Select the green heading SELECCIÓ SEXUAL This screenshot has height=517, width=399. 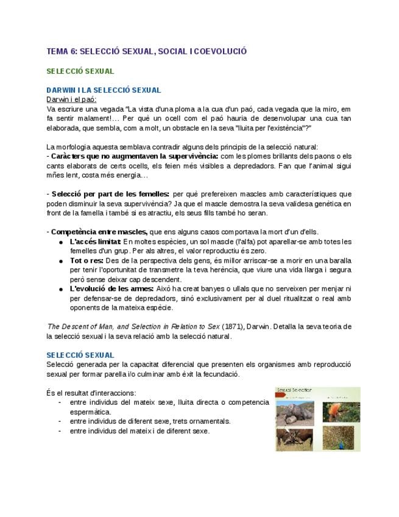coord(80,71)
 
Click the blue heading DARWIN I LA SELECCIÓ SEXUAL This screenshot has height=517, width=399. coord(104,90)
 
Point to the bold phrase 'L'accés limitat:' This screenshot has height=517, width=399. coord(95,242)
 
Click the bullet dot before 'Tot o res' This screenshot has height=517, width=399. coord(62,262)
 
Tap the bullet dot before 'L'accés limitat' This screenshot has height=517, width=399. coord(62,243)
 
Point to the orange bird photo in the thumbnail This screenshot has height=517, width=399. coord(333,412)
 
